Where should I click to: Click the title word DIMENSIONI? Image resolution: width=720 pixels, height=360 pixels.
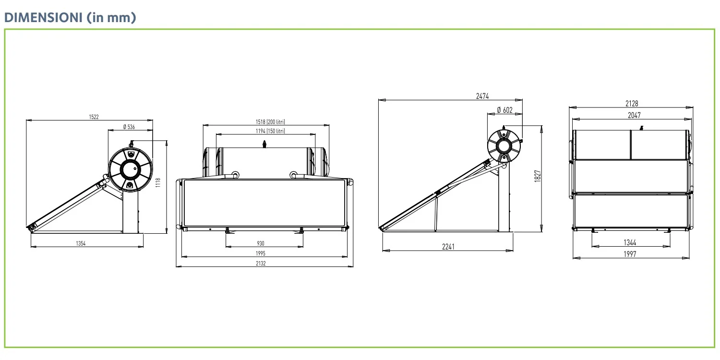click(43, 17)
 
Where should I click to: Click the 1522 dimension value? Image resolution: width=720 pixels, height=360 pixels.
click(94, 117)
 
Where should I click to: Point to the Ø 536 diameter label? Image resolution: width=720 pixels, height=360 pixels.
click(129, 127)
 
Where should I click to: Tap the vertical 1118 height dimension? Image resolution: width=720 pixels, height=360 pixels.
click(157, 182)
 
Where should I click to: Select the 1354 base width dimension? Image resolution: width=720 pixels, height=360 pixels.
click(81, 244)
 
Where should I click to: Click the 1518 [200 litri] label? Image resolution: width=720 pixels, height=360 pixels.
click(270, 122)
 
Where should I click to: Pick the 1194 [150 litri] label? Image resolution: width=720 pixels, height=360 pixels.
click(270, 131)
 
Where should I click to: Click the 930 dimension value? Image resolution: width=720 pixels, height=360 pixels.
click(261, 244)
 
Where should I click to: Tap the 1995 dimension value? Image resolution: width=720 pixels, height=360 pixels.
click(261, 253)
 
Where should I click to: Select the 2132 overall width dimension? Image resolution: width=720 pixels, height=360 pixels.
click(261, 263)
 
